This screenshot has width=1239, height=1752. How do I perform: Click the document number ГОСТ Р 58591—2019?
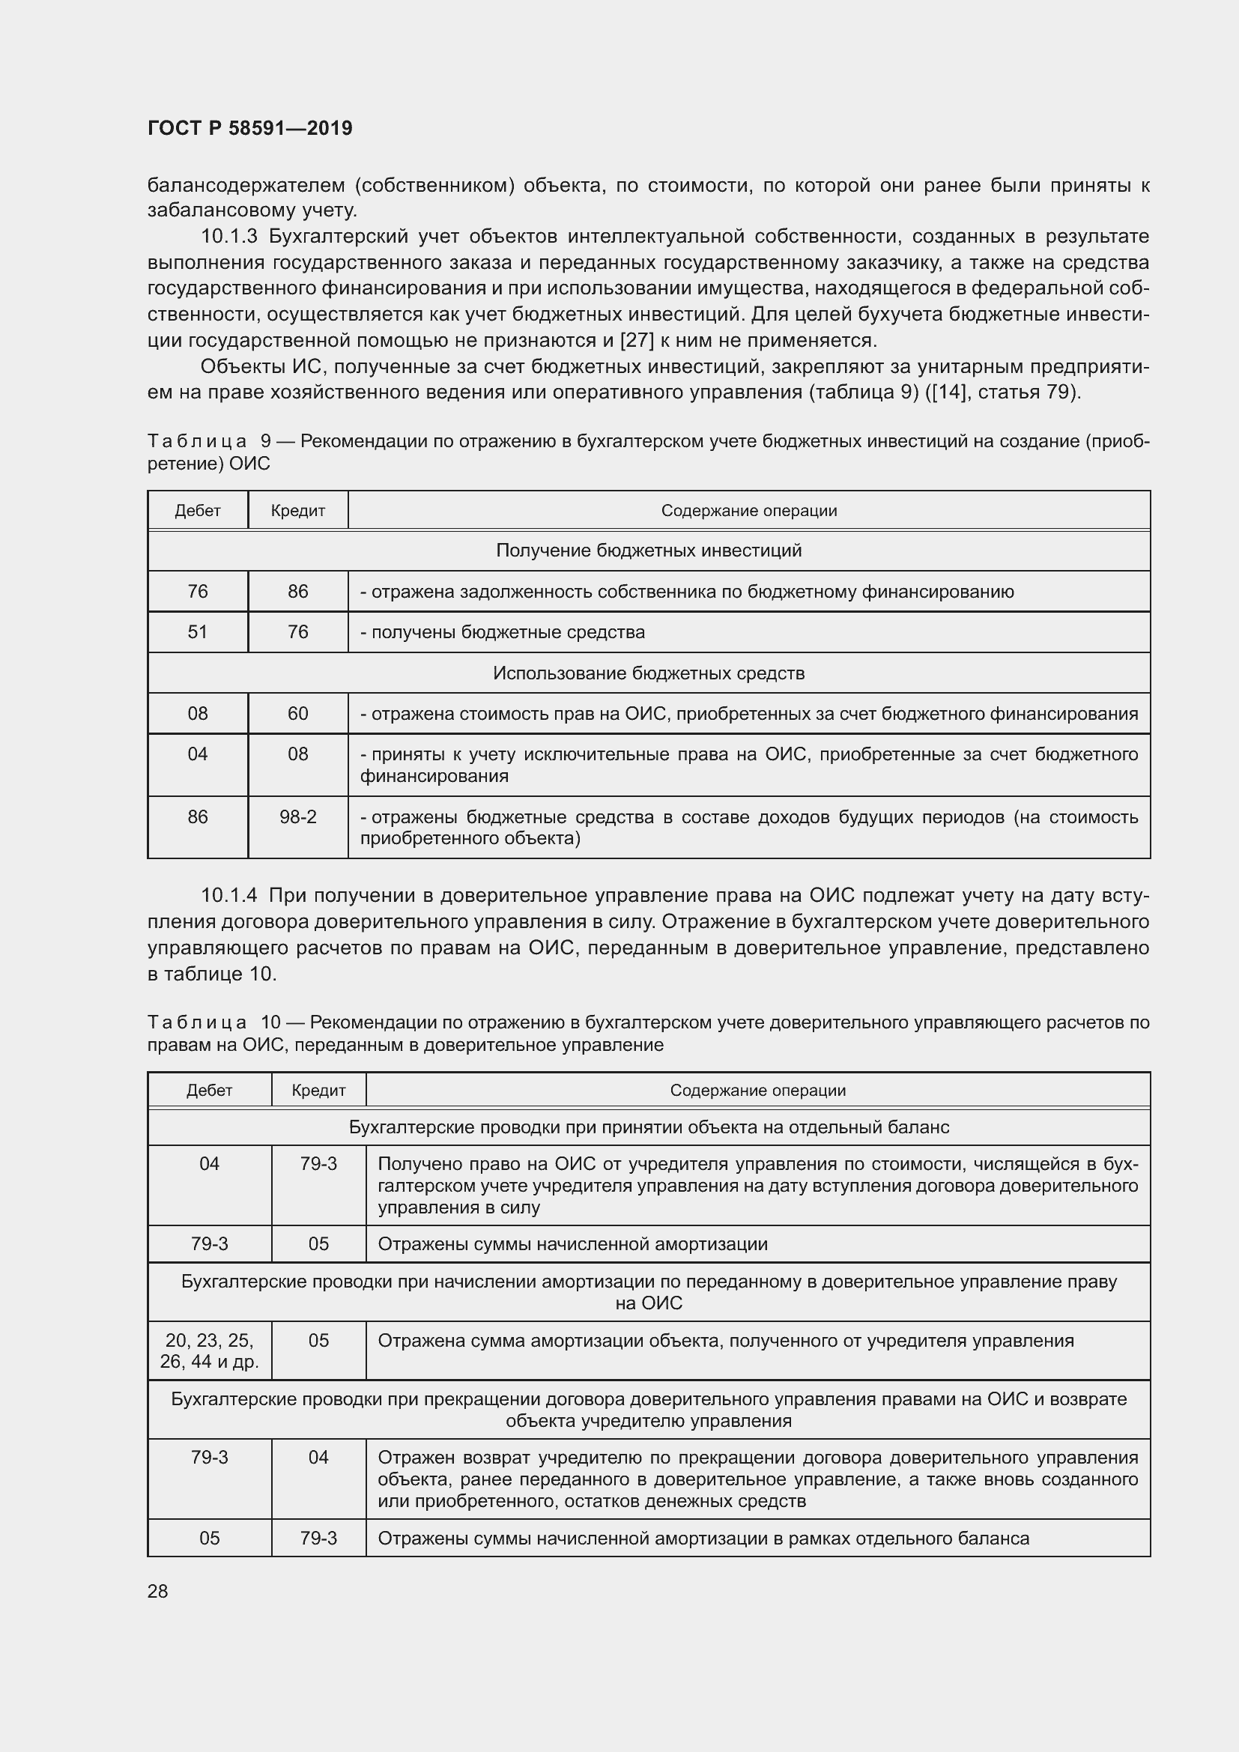(x=249, y=128)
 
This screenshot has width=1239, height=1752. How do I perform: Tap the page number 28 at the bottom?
(x=158, y=1591)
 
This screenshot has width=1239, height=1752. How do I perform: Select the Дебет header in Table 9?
(x=198, y=511)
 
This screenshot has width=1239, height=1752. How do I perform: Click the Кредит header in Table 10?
(x=318, y=1091)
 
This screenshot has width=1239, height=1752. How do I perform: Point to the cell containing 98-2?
(x=297, y=817)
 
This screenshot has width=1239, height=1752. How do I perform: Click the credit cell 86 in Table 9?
(x=297, y=592)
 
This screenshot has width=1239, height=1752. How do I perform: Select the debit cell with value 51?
(x=198, y=632)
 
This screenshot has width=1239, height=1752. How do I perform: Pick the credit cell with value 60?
(x=297, y=714)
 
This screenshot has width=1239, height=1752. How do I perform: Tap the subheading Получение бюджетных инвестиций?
(x=649, y=551)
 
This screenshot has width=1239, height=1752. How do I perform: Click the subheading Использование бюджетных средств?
(x=649, y=673)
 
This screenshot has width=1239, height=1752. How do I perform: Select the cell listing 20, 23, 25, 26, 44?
(x=209, y=1351)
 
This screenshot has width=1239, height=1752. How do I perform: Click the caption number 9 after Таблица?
(x=265, y=441)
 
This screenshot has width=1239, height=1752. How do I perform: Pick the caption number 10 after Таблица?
(x=270, y=1022)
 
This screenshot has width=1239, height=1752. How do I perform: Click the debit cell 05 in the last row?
(x=209, y=1538)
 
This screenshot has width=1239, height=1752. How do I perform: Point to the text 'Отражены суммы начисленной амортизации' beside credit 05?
(x=572, y=1244)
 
